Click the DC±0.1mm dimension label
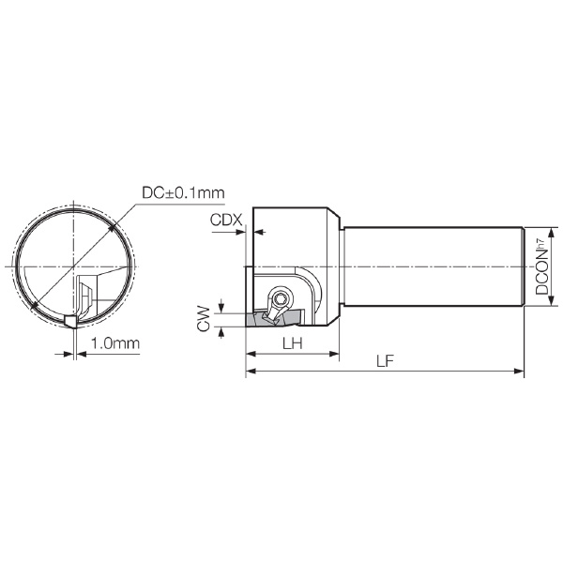pyautogui.click(x=183, y=192)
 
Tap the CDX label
pyautogui.click(x=226, y=220)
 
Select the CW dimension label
pyautogui.click(x=204, y=318)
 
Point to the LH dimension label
pyautogui.click(x=292, y=343)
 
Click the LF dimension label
pyautogui.click(x=385, y=361)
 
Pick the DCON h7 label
pyautogui.click(x=542, y=266)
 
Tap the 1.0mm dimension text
pyautogui.click(x=114, y=343)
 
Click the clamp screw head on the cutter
pyautogui.click(x=280, y=297)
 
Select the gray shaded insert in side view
pyautogui.click(x=274, y=319)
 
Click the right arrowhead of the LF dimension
pyautogui.click(x=519, y=372)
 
